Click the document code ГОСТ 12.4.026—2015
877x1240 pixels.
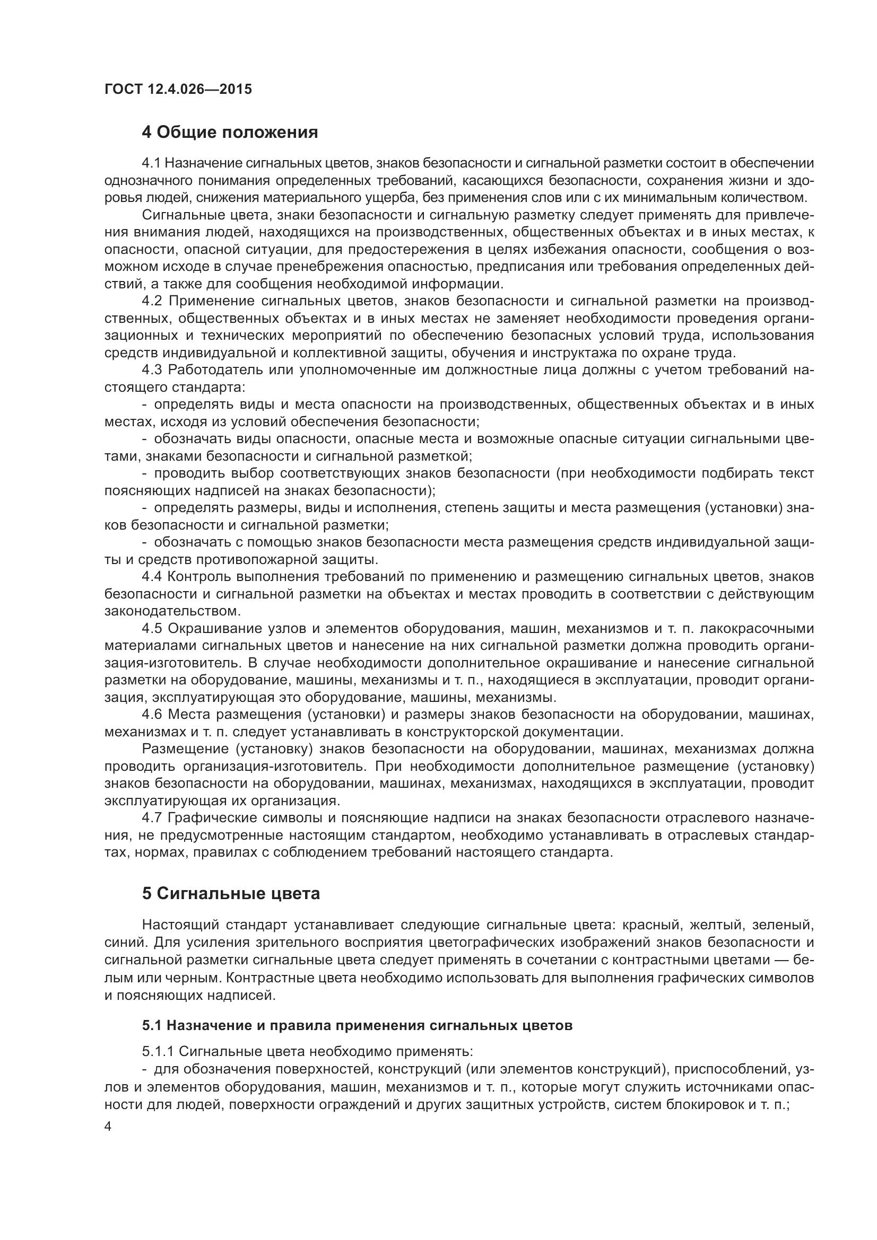[178, 89]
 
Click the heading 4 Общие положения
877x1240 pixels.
[230, 132]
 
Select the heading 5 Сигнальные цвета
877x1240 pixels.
[231, 893]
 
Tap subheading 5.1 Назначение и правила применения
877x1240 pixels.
[357, 1026]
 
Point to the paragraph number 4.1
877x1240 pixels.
[151, 163]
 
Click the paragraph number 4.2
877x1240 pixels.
[151, 301]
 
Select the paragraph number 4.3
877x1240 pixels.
[151, 370]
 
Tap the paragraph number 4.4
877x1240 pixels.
[151, 577]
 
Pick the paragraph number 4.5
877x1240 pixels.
[151, 629]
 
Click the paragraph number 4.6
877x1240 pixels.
[151, 715]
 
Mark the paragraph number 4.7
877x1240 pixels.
[151, 818]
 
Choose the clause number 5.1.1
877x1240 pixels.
[157, 1051]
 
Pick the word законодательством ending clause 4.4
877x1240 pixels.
[171, 611]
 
